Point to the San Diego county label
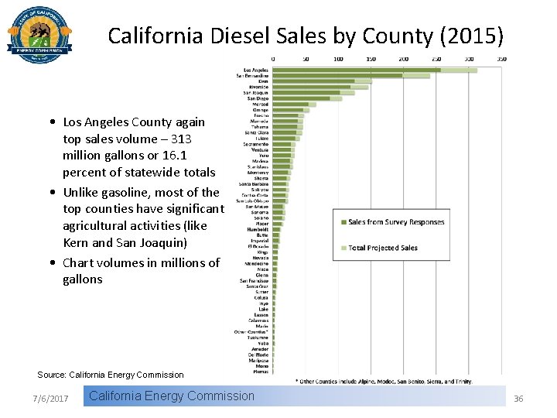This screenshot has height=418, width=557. click(258, 98)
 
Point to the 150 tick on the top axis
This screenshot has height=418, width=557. click(372, 59)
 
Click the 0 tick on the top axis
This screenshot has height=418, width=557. click(273, 59)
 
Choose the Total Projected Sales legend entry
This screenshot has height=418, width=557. click(382, 248)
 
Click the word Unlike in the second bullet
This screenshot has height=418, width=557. click(80, 192)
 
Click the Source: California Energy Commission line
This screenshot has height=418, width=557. click(111, 375)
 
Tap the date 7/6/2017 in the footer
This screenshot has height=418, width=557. click(51, 398)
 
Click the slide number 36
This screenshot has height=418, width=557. click(518, 398)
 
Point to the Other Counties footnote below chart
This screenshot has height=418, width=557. click(384, 380)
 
